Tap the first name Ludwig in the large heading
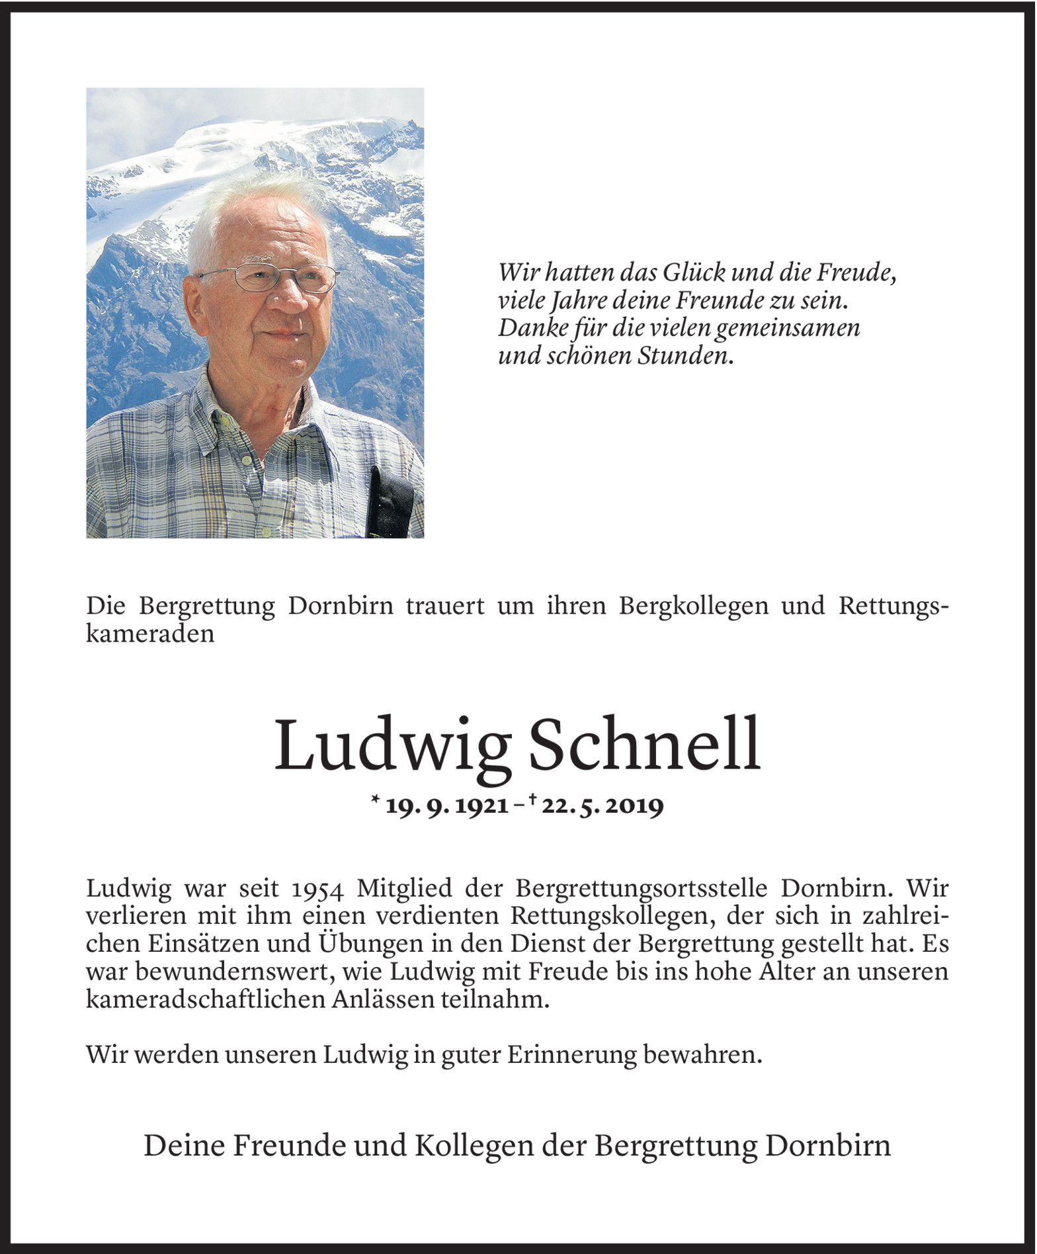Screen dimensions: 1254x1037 (393, 746)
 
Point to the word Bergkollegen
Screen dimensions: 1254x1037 (694, 606)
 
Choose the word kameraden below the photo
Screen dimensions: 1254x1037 (150, 634)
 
